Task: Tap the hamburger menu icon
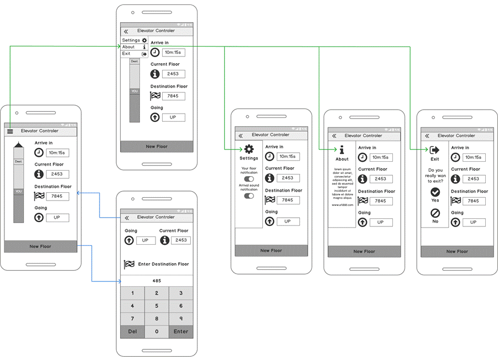point(10,131)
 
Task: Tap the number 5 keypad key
point(157,306)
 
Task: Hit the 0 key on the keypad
point(157,331)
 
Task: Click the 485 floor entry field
point(157,281)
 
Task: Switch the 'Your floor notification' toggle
point(249,179)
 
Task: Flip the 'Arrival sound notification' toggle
point(249,196)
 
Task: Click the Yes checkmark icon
point(435,192)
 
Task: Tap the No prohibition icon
point(435,213)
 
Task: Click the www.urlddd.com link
point(342,205)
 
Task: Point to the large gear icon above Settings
point(249,149)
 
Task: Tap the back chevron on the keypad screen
point(126,218)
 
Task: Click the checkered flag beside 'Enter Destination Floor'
point(129,264)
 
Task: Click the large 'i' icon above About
point(342,150)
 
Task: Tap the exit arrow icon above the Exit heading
point(435,150)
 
